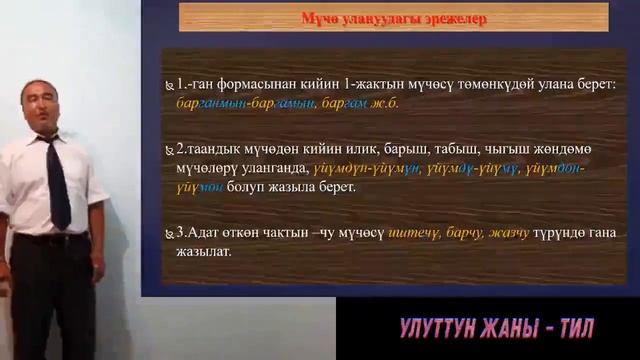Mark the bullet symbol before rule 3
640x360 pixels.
169,234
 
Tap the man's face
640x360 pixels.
41,106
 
